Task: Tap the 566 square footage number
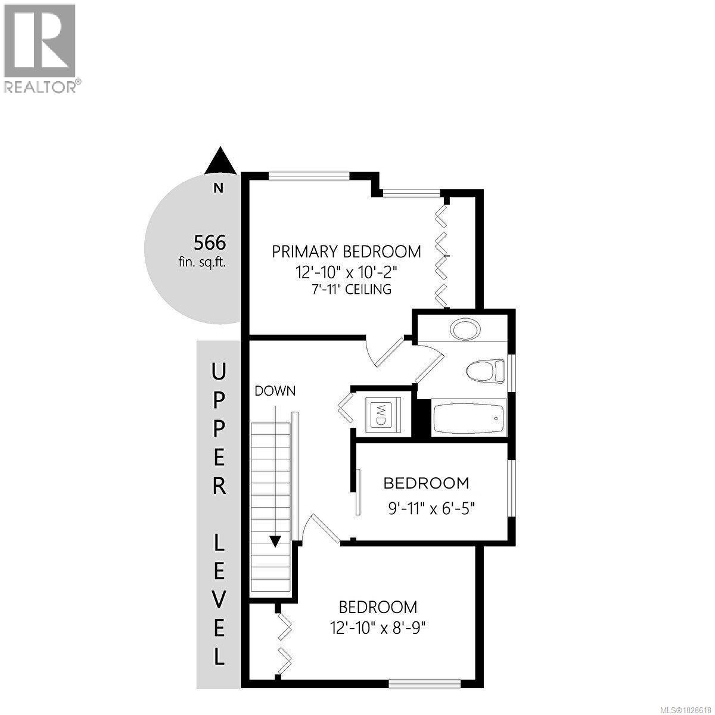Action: (210, 243)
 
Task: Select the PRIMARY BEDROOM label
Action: (346, 251)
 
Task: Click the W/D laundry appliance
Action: (380, 413)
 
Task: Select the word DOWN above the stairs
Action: (275, 391)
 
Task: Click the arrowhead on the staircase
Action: (275, 541)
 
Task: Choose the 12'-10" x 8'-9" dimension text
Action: (378, 628)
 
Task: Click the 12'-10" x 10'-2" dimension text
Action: (346, 272)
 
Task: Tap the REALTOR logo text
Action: (41, 87)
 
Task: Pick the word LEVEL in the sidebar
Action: (219, 598)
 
